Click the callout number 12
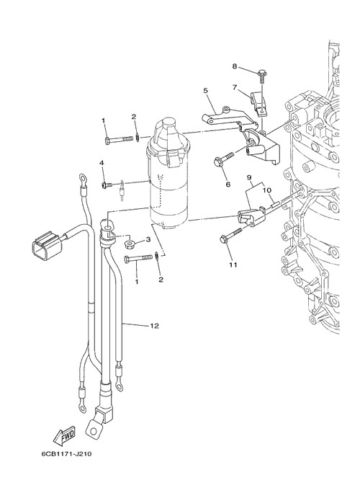click(x=154, y=326)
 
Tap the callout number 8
click(x=235, y=66)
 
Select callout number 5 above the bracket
click(x=205, y=91)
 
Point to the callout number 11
click(x=233, y=264)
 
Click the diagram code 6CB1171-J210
click(x=66, y=453)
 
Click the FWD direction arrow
click(x=64, y=435)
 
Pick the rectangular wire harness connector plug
click(x=47, y=246)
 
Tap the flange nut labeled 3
click(x=130, y=244)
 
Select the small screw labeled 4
click(x=107, y=184)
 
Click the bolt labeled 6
click(x=224, y=159)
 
